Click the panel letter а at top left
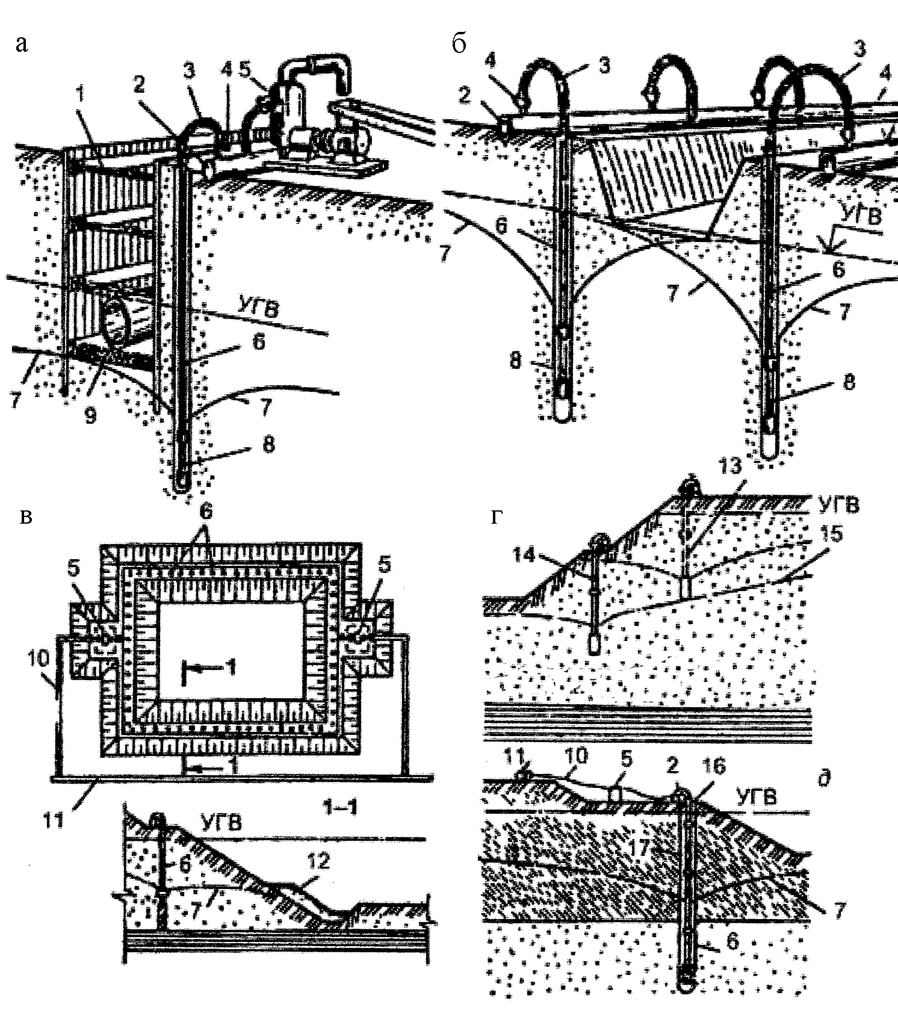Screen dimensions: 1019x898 22,43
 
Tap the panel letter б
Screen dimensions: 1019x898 459,43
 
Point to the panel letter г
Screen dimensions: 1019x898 497,516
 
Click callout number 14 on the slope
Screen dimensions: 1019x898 524,554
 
